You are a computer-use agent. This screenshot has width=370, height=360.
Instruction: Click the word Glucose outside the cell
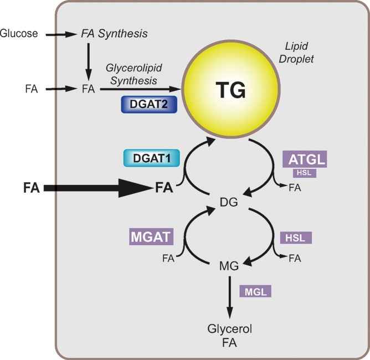[19, 34]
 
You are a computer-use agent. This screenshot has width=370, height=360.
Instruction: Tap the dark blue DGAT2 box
[147, 104]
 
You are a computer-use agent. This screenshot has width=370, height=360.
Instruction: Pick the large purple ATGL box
[304, 159]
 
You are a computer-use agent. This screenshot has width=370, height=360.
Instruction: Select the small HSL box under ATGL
[304, 173]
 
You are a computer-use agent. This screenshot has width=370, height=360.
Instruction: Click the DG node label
[228, 203]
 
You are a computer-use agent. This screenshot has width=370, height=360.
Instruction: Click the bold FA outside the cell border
[31, 189]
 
